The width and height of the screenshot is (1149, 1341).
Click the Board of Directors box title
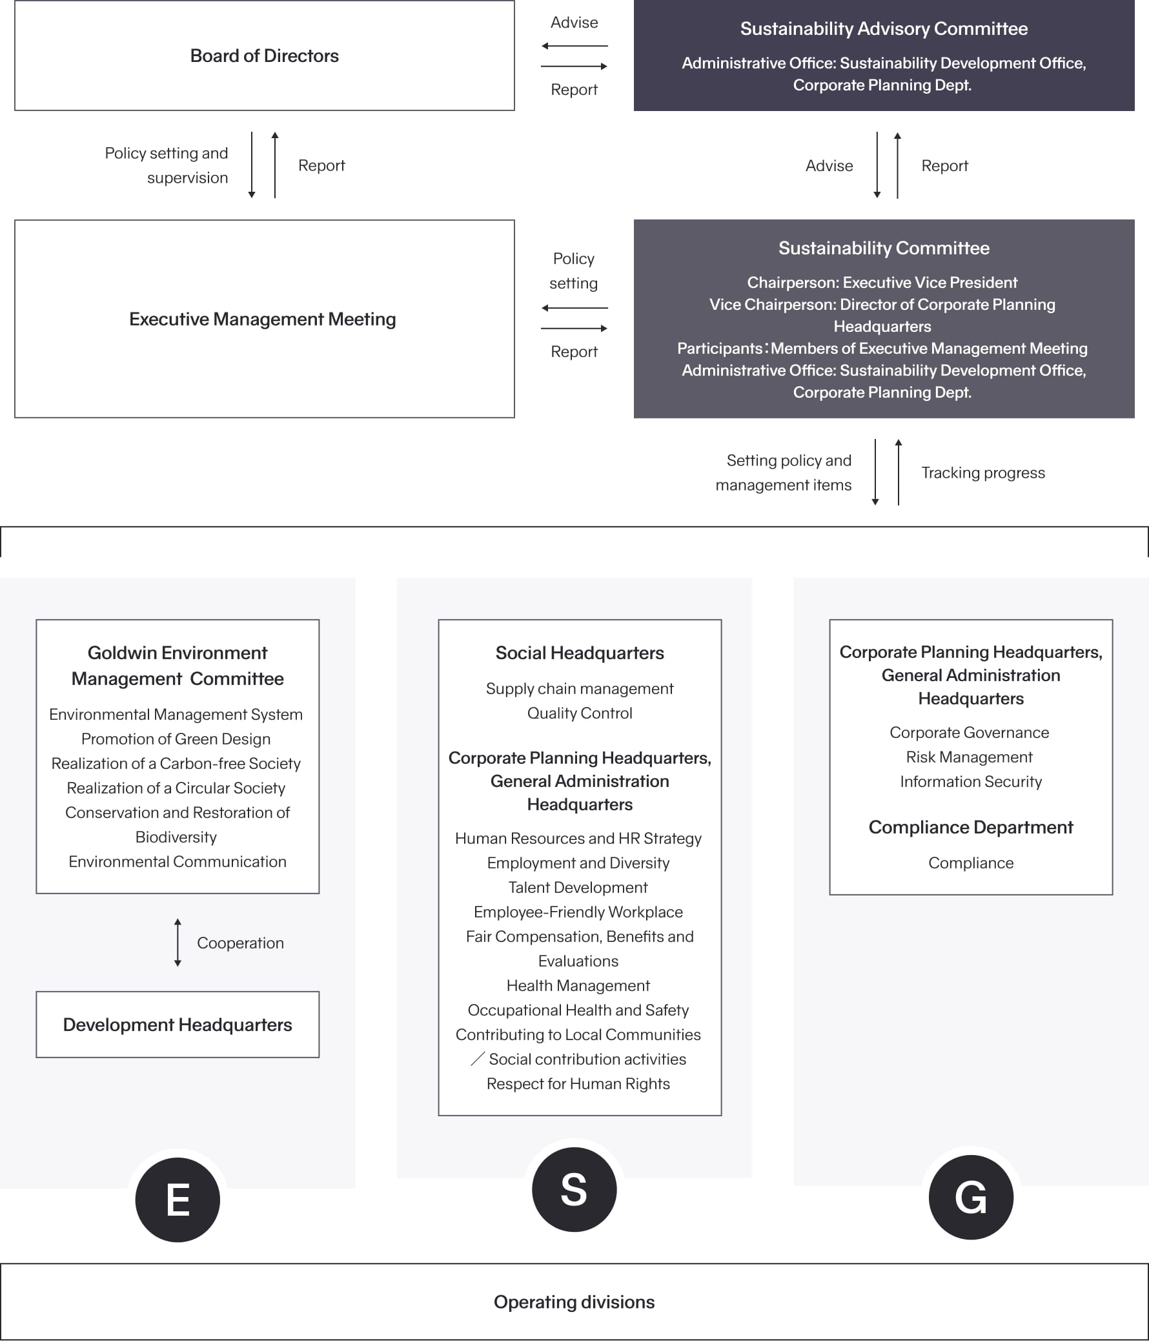(264, 56)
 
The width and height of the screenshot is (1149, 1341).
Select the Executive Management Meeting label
(262, 319)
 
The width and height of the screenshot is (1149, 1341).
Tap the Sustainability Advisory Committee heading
(883, 29)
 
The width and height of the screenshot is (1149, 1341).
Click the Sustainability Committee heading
(883, 249)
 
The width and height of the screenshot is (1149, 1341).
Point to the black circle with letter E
(178, 1199)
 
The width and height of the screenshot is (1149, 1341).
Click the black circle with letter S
(574, 1189)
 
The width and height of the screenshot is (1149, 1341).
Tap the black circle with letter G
(970, 1196)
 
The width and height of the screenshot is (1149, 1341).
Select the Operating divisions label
(574, 1302)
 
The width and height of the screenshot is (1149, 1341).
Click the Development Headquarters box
(178, 1025)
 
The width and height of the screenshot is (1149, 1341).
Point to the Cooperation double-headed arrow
(178, 943)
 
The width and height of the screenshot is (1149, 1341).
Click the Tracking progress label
(982, 473)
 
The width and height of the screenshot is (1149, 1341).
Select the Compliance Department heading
(970, 827)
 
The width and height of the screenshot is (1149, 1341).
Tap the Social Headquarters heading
(580, 653)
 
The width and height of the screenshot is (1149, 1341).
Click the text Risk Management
(969, 757)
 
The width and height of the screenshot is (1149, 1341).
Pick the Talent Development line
(578, 887)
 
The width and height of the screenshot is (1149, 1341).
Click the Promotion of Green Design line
(176, 739)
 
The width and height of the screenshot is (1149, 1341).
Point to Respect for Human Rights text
(578, 1083)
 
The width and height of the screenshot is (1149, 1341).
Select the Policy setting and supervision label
(167, 166)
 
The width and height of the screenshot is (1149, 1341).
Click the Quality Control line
(580, 713)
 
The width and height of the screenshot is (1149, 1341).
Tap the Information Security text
(970, 782)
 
